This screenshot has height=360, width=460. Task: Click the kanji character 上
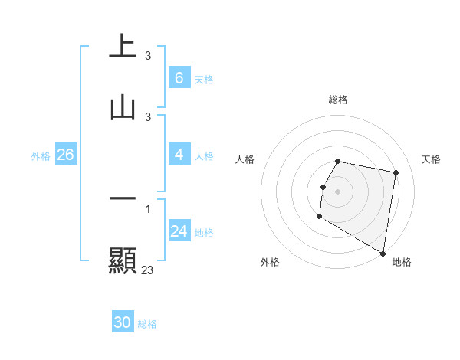(x=123, y=45)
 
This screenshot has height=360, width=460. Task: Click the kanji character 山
(x=123, y=107)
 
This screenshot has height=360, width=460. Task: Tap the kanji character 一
(x=123, y=199)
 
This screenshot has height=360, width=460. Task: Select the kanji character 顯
(x=123, y=261)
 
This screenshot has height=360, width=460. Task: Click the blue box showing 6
(x=179, y=78)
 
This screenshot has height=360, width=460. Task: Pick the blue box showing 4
(x=179, y=155)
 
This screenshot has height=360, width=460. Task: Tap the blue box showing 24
(x=179, y=231)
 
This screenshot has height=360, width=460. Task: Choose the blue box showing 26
(x=65, y=155)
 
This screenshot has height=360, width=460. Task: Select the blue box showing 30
(x=123, y=323)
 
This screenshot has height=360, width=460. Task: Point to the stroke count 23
(x=148, y=270)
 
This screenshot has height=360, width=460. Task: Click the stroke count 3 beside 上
(x=148, y=55)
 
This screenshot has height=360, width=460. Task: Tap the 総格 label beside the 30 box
(x=147, y=324)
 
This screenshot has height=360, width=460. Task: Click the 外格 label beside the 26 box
(x=41, y=155)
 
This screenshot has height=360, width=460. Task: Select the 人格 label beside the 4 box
(x=204, y=155)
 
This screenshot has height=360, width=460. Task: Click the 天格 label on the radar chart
(x=432, y=159)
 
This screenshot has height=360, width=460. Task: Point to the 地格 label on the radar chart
(x=402, y=262)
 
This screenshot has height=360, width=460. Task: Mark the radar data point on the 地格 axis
(x=383, y=254)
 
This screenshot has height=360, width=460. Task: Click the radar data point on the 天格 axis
(x=396, y=173)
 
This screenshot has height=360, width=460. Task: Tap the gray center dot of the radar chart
(x=338, y=191)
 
